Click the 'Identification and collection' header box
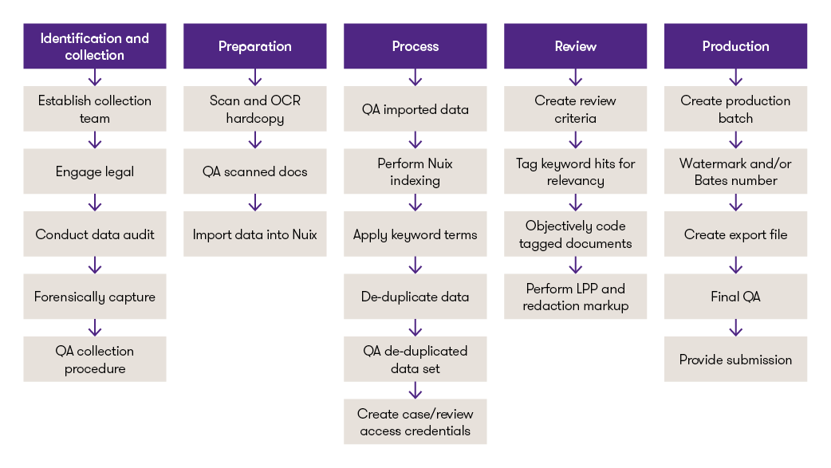(95, 46)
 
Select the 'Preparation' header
(255, 46)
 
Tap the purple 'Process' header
(415, 46)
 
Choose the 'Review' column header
(576, 46)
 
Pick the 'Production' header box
(735, 46)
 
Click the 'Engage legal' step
(95, 171)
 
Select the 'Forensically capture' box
(95, 297)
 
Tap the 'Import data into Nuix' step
(255, 234)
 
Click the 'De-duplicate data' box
(415, 297)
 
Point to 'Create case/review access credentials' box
(415, 421)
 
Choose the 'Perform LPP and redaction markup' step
(576, 297)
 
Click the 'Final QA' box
(735, 297)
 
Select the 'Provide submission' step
(735, 359)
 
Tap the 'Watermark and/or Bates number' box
(735, 171)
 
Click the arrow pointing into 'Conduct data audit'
(95, 203)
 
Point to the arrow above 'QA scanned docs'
(255, 140)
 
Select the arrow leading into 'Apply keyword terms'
(415, 203)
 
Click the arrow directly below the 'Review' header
(576, 77)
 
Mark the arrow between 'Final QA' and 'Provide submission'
(735, 328)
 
